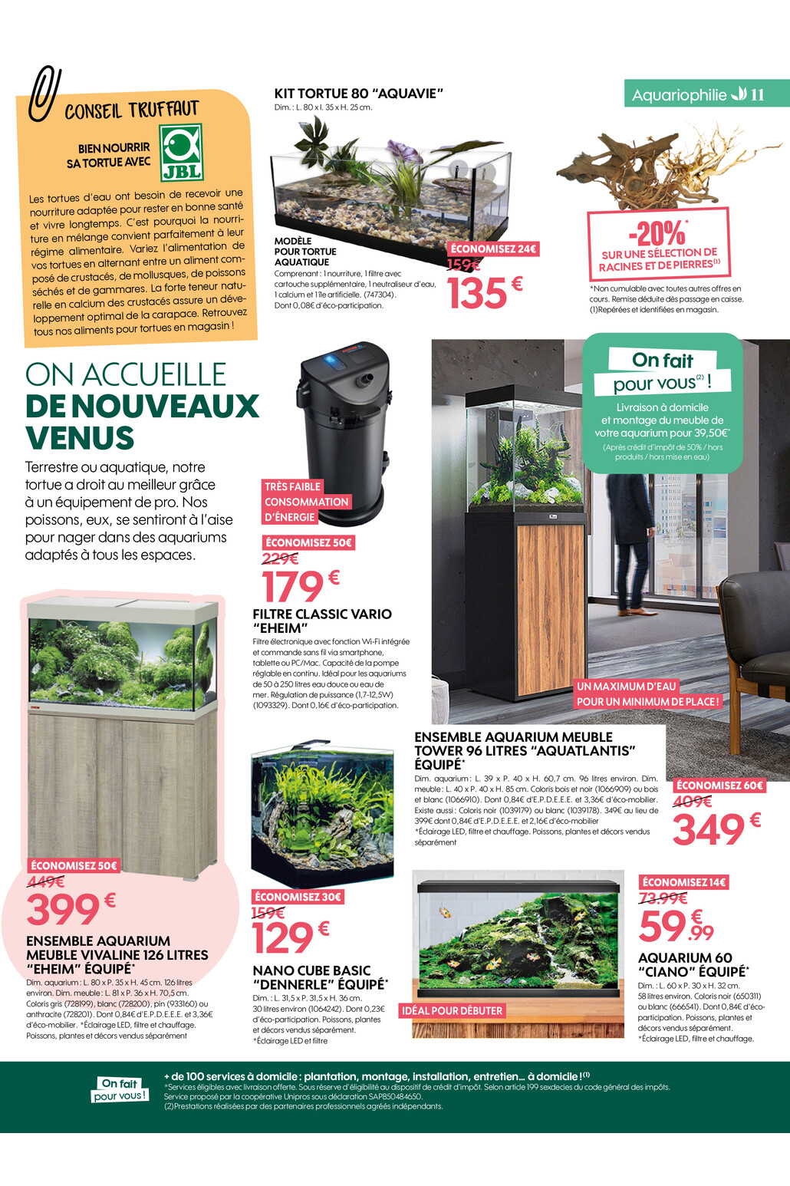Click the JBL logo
point(181,152)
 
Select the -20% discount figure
point(657,232)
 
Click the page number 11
point(758,94)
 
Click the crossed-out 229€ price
point(280,559)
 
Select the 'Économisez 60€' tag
point(719,786)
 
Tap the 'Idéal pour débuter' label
point(452,1011)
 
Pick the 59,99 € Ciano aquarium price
point(676,926)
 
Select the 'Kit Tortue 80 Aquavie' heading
point(359,94)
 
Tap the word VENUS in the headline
point(80,438)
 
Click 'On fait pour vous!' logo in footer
point(120,1089)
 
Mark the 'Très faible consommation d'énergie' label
point(306,502)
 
